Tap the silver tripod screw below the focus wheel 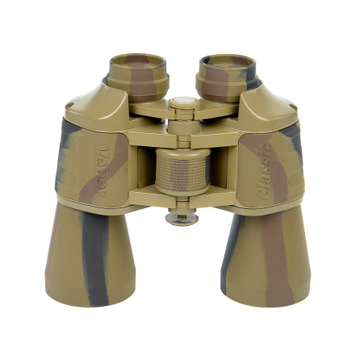click(181, 216)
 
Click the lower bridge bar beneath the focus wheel click(182, 198)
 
